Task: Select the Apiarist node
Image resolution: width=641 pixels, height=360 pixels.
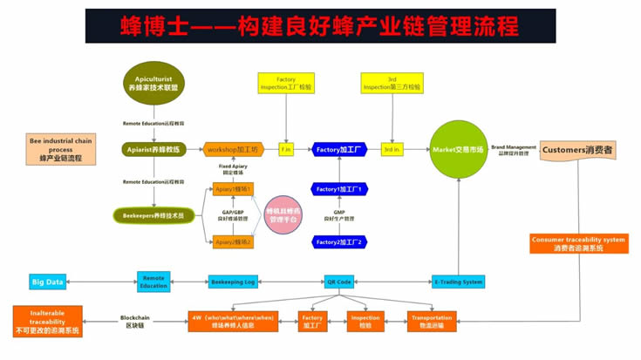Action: click(x=153, y=150)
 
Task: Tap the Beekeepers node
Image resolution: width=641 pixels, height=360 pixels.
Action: click(x=153, y=214)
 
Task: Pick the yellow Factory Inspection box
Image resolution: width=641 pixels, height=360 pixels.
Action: click(x=287, y=84)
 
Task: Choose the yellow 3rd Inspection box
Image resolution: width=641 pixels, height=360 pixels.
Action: click(x=392, y=84)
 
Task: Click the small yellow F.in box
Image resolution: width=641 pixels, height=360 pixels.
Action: click(x=286, y=150)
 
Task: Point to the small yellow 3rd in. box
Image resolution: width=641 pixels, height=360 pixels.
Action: click(x=392, y=150)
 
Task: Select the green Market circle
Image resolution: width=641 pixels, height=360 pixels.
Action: click(x=458, y=150)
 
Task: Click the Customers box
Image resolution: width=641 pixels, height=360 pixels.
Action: click(x=578, y=150)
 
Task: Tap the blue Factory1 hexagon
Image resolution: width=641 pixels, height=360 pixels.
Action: click(x=339, y=189)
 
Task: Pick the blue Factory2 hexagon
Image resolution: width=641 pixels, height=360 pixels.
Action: click(x=339, y=241)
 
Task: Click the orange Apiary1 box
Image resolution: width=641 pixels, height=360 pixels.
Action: click(x=233, y=189)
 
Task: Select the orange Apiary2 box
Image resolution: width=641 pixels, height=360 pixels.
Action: click(x=233, y=241)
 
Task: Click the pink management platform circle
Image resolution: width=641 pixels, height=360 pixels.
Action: click(x=283, y=215)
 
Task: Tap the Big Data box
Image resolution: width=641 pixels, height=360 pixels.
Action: click(x=48, y=282)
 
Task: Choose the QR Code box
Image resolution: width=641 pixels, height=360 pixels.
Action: click(x=338, y=282)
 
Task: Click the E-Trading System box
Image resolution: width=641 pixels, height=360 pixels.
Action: click(x=458, y=282)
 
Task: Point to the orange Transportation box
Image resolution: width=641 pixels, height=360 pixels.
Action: click(x=432, y=322)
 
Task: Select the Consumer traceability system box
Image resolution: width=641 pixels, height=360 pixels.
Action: click(x=578, y=243)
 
